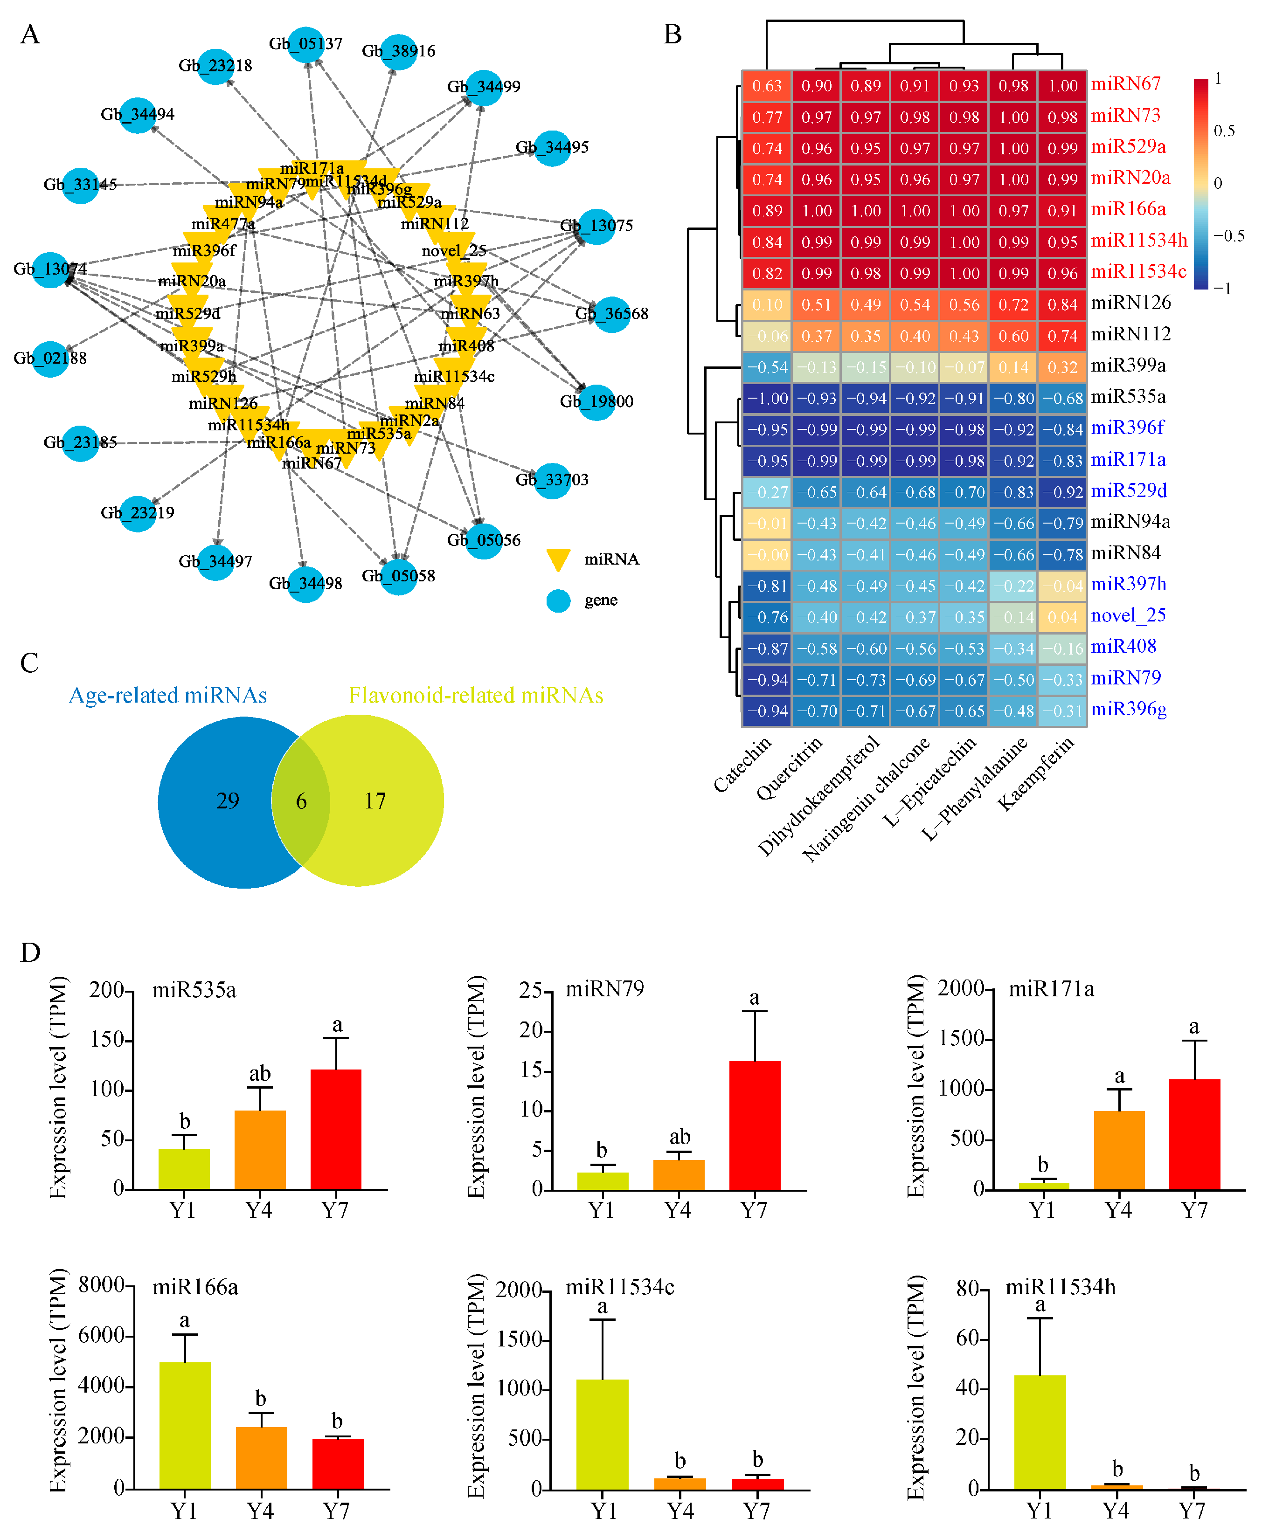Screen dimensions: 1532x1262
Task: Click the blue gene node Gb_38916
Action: click(x=398, y=52)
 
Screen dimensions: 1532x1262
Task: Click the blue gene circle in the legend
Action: click(x=558, y=600)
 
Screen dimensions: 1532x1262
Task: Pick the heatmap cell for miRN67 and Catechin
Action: click(x=766, y=86)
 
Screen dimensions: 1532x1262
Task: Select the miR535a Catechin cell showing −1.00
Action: click(x=766, y=398)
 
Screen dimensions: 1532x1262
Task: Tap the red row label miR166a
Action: click(x=1128, y=209)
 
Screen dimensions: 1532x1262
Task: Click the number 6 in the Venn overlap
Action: click(x=301, y=801)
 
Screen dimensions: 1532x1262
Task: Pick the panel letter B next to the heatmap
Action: click(x=673, y=34)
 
